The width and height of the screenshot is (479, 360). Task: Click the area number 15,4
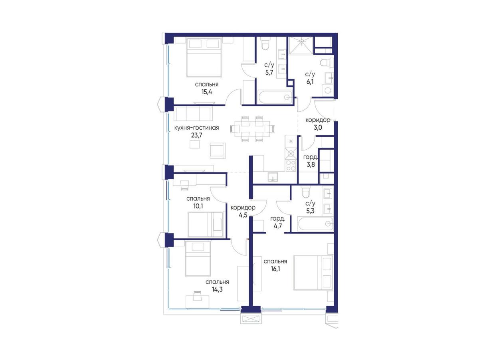pyautogui.click(x=206, y=92)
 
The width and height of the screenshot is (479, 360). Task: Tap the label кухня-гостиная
pyautogui.click(x=196, y=128)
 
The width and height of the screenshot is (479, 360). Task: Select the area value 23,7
pyautogui.click(x=197, y=135)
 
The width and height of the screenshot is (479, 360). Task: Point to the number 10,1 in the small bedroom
pyautogui.click(x=198, y=206)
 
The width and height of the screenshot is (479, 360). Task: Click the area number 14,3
pyautogui.click(x=217, y=289)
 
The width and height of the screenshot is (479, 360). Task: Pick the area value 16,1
pyautogui.click(x=275, y=269)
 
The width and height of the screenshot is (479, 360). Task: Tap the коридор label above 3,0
pyautogui.click(x=318, y=120)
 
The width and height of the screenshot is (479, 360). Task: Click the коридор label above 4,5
pyautogui.click(x=243, y=208)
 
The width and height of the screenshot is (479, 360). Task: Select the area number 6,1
pyautogui.click(x=310, y=82)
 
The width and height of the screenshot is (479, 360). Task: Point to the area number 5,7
pyautogui.click(x=269, y=73)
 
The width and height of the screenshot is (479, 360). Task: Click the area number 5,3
pyautogui.click(x=310, y=211)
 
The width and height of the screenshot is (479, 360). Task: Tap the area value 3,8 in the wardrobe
pyautogui.click(x=311, y=164)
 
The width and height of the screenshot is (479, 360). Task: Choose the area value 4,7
pyautogui.click(x=277, y=226)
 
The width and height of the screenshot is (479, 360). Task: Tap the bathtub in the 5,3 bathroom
pyautogui.click(x=316, y=224)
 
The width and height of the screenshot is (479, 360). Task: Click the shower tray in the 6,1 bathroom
pyautogui.click(x=301, y=45)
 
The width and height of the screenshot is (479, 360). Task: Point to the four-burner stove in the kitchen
pyautogui.click(x=291, y=165)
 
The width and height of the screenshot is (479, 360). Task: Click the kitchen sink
pyautogui.click(x=273, y=177)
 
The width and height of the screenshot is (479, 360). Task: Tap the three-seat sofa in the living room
pyautogui.click(x=193, y=113)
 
